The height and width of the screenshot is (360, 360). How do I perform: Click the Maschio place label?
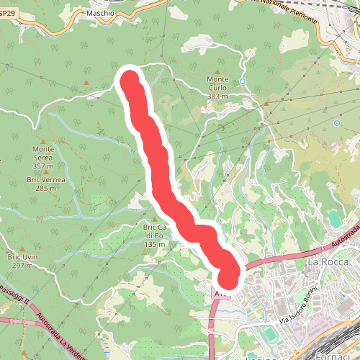[99, 13]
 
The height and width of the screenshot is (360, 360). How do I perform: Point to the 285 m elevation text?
[45, 188]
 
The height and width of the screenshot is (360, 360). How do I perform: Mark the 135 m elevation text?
[155, 245]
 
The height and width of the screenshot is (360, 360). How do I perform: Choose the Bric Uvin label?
[22, 256]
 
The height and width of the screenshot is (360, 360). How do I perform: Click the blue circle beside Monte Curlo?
[243, 81]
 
